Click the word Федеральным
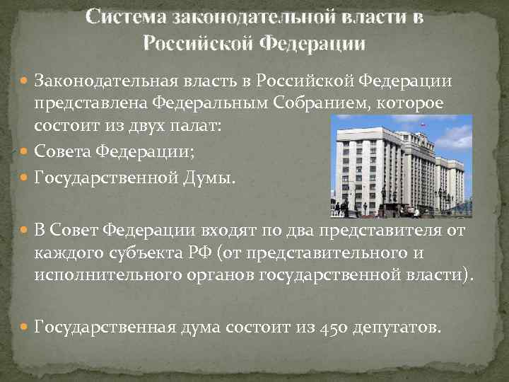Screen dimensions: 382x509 [200, 104]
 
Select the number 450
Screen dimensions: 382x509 [336, 328]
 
